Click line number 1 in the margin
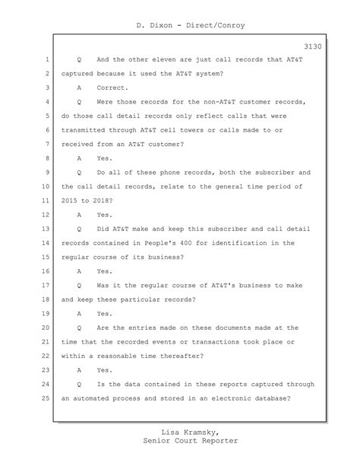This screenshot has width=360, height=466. (x=46, y=59)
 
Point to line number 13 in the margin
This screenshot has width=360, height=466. (x=45, y=228)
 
